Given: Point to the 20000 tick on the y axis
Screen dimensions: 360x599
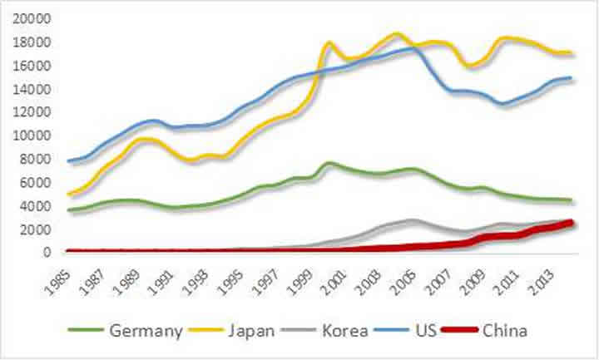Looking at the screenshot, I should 32,18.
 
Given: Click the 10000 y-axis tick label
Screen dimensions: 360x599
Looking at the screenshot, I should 32,136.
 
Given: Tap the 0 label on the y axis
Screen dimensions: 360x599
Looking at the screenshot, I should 47,253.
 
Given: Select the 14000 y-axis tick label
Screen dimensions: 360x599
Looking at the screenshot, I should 32,89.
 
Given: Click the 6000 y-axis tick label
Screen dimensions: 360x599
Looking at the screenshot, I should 36,182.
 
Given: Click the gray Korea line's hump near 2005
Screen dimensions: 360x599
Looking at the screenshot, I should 413,220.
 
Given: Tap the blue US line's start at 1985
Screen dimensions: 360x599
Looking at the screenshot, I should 70,161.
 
